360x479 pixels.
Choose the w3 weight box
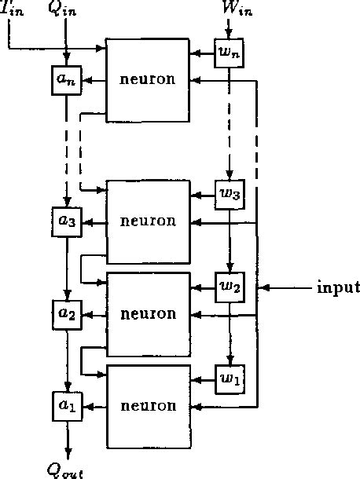point(230,195)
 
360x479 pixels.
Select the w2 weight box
point(230,287)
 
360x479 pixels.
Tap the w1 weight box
point(230,378)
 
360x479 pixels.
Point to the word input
point(338,287)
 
